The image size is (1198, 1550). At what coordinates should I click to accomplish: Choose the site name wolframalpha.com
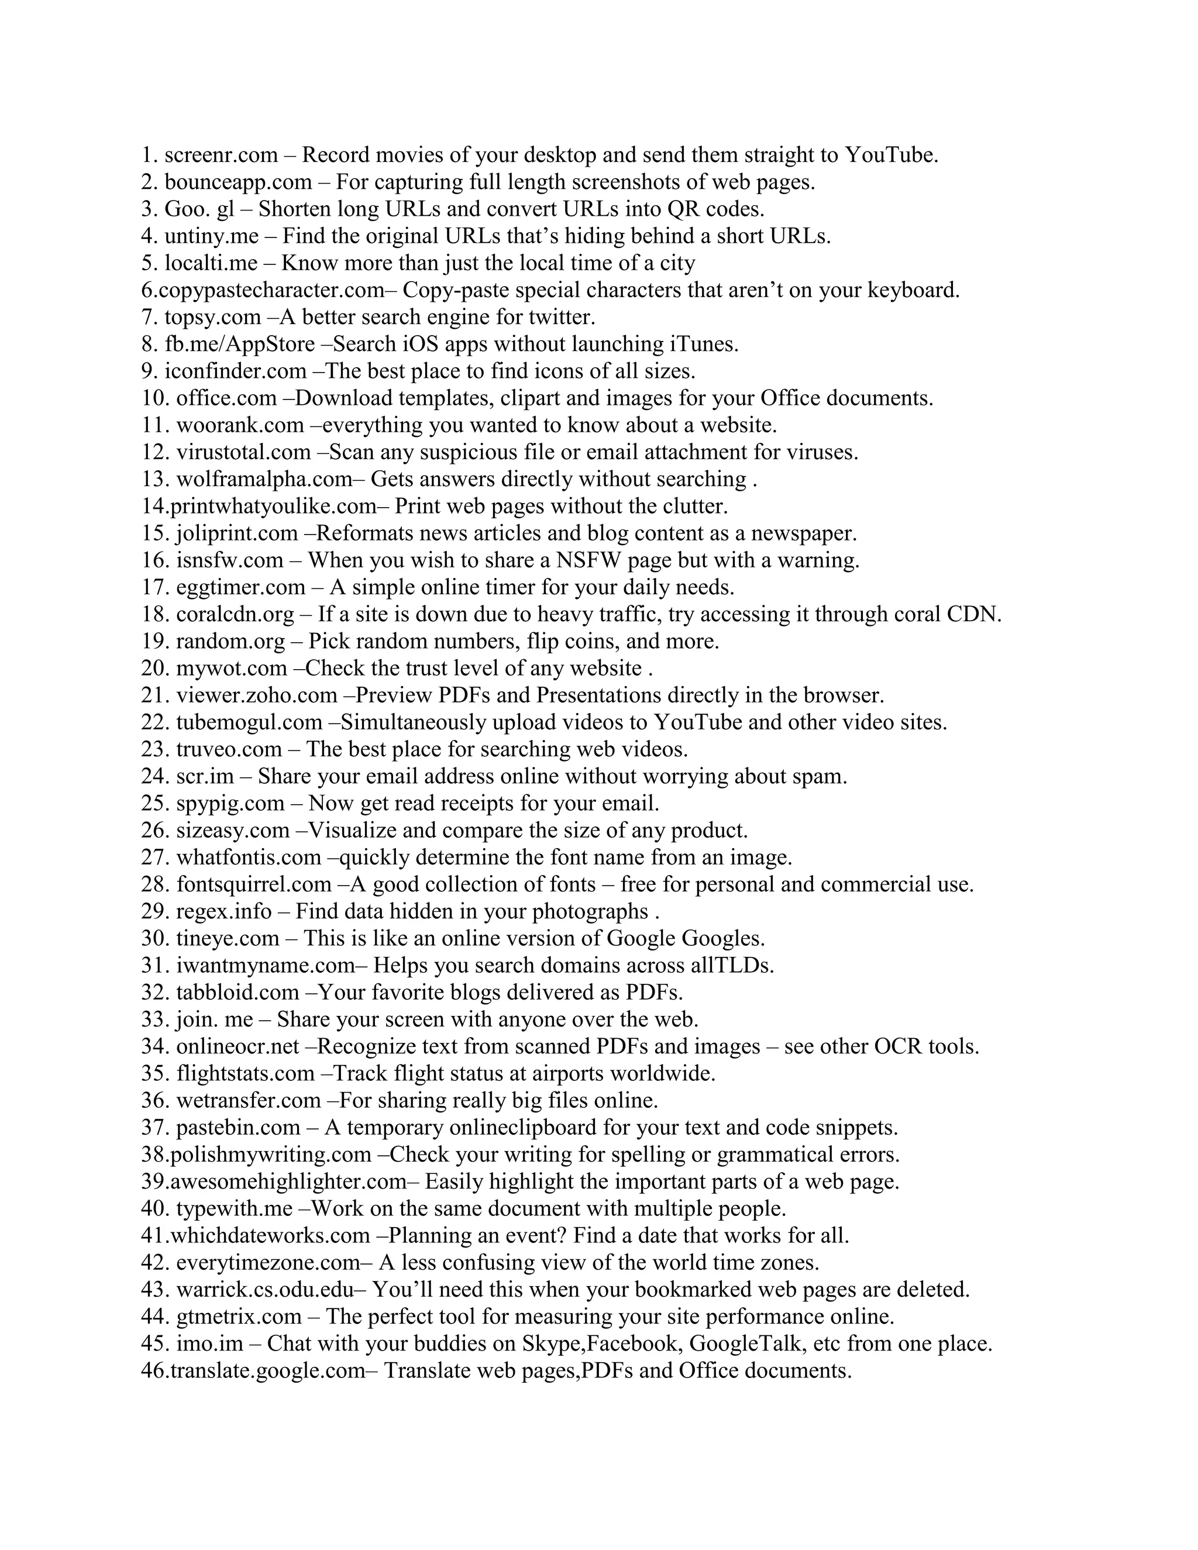click(x=264, y=480)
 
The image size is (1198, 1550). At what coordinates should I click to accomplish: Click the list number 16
click(x=154, y=561)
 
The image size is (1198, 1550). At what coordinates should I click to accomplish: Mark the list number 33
click(x=154, y=1020)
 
